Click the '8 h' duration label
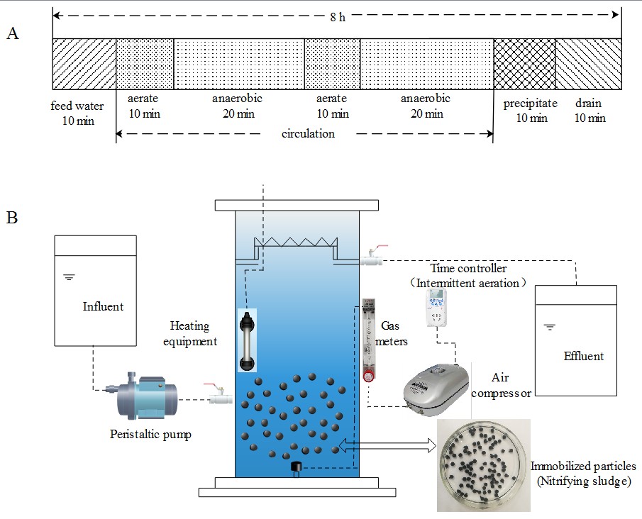[x=338, y=16]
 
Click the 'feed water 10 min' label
[x=77, y=113]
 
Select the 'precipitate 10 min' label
[x=531, y=111]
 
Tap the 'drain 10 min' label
[x=590, y=111]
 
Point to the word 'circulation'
[x=308, y=133]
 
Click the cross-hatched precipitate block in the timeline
[x=524, y=64]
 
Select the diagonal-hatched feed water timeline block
[x=84, y=64]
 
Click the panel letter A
[x=12, y=33]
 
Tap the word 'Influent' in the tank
[x=103, y=306]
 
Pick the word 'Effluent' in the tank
[x=584, y=355]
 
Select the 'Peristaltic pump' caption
[x=150, y=434]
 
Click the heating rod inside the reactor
[x=246, y=340]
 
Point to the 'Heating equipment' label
[x=189, y=333]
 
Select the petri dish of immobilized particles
[x=482, y=464]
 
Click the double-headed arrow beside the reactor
[x=388, y=446]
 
